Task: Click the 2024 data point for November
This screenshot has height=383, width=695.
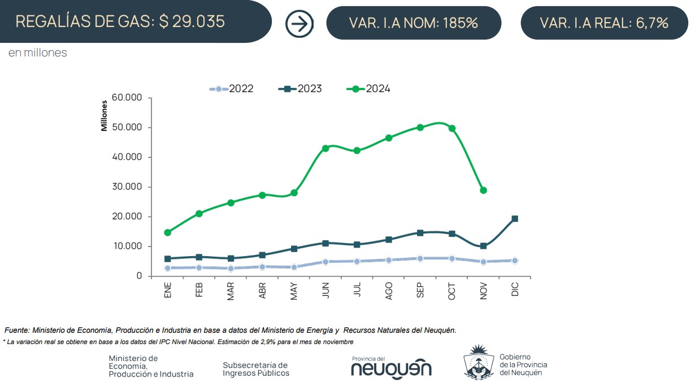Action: tap(483, 191)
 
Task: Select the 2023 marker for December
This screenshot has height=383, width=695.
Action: tap(515, 219)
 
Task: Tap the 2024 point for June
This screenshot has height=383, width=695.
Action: tap(325, 148)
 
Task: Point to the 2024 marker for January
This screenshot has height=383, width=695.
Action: tap(167, 232)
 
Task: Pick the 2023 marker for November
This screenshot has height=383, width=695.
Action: tap(483, 246)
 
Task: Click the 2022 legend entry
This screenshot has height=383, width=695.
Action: tap(232, 89)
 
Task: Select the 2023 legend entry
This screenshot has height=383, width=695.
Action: tap(301, 89)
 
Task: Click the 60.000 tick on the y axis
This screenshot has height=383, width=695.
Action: tap(128, 98)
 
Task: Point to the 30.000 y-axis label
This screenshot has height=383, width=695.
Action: tap(128, 187)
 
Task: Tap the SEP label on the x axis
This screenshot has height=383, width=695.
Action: tap(420, 290)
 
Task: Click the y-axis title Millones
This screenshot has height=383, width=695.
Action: tap(104, 116)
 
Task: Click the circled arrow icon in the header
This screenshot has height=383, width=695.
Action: tap(299, 24)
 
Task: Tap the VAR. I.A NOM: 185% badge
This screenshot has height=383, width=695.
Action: tap(414, 23)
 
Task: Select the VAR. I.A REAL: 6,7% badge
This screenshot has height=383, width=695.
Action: tap(604, 23)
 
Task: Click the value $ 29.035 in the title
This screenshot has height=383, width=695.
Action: tap(192, 21)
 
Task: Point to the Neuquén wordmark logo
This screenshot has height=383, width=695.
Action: tap(391, 368)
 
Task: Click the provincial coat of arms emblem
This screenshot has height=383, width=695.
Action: tap(479, 362)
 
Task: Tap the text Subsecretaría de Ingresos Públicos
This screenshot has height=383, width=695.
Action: tap(256, 369)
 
